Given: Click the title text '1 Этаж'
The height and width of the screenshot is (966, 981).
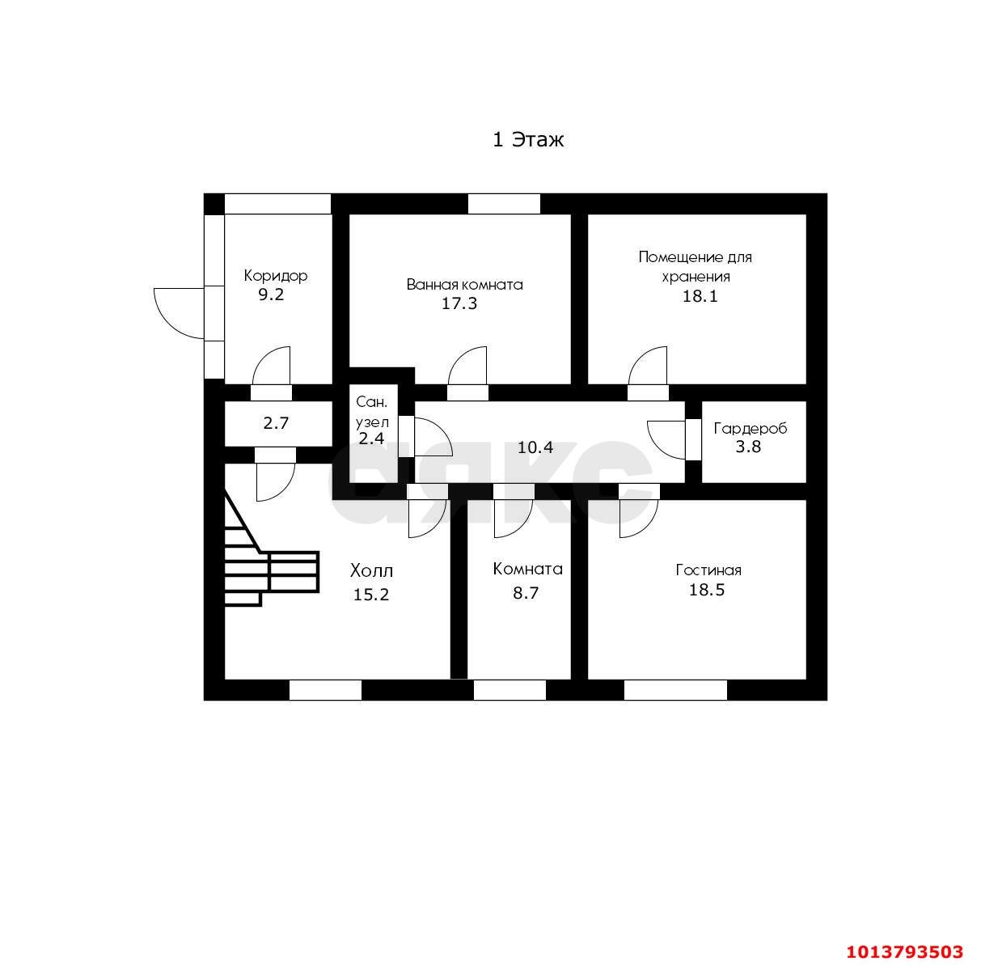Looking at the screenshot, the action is [528, 139].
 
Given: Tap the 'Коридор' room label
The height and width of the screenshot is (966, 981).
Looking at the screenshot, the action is [276, 276].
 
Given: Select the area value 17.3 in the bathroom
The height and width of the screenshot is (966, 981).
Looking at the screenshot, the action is [459, 303].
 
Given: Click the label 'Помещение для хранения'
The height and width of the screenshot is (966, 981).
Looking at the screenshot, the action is [696, 266].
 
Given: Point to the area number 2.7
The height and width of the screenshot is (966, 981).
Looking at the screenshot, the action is [276, 423].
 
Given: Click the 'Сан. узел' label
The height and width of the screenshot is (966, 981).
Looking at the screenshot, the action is [372, 412].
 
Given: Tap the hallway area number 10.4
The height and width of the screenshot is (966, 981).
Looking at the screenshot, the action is [535, 447].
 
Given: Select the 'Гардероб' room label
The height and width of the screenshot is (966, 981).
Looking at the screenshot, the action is [750, 429].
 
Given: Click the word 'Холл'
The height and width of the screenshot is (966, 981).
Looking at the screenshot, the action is [372, 570].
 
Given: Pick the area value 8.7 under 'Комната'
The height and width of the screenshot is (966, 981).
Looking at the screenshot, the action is [526, 593].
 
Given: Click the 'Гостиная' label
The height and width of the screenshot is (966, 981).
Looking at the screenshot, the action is [708, 570].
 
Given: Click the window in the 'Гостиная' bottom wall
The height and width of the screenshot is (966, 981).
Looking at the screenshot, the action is [675, 690].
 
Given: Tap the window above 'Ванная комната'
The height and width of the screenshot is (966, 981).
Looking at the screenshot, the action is [504, 204].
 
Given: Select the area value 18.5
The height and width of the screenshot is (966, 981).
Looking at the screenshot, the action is [707, 590].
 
